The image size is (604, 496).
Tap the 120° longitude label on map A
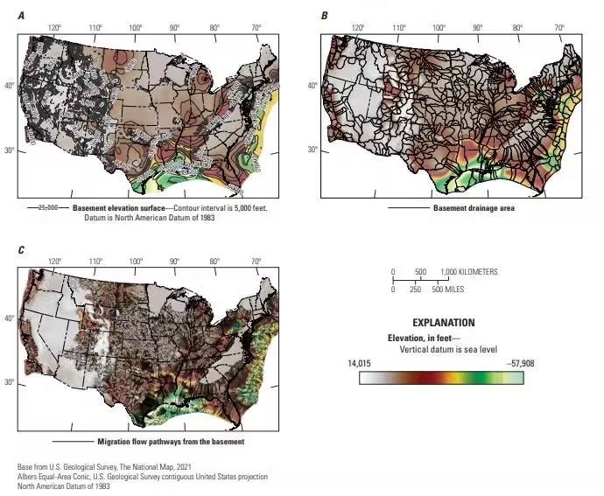coord(55,29)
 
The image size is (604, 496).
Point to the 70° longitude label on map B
coord(558,29)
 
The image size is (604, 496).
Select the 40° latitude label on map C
coord(11,318)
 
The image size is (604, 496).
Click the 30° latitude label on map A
coord(11,150)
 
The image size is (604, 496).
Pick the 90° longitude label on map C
coord(175,262)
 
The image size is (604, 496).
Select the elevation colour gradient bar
coord(435,378)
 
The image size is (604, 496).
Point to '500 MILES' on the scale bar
coord(446,289)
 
